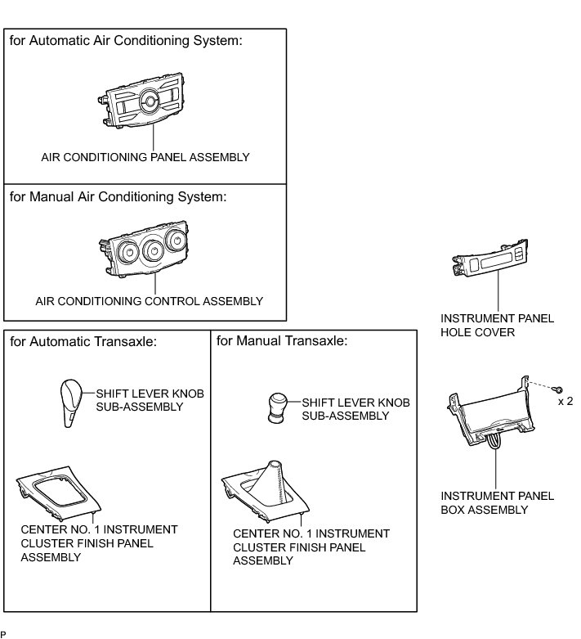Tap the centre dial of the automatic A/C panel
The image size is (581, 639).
(x=150, y=101)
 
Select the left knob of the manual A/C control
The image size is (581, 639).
(x=125, y=250)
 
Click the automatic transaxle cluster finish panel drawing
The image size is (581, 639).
(x=60, y=496)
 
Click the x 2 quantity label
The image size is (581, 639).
(x=565, y=402)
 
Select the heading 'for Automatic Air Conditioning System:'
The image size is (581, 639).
(x=126, y=42)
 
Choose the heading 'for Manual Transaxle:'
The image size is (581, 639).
(x=271, y=340)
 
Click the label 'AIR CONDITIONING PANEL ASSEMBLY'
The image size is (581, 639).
(x=145, y=156)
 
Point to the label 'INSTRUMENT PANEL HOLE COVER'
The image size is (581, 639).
(x=497, y=326)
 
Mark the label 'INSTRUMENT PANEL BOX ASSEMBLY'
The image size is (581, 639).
(x=497, y=502)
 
